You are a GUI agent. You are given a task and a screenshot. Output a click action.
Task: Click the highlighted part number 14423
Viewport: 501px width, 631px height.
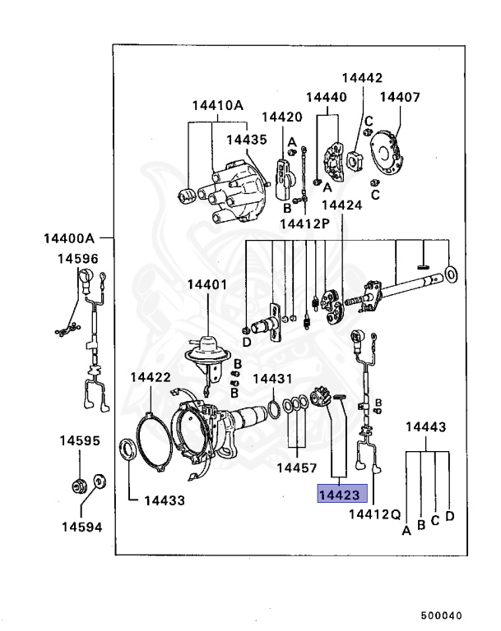click(x=337, y=495)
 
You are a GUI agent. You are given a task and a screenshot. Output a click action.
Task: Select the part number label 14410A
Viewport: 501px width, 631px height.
click(x=218, y=105)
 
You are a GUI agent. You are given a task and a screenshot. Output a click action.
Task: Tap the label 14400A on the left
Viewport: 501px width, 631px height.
click(x=70, y=239)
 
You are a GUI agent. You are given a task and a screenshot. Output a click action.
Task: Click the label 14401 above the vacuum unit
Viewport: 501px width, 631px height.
click(x=206, y=284)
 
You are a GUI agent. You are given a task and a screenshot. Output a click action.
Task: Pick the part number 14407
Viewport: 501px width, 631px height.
click(x=400, y=97)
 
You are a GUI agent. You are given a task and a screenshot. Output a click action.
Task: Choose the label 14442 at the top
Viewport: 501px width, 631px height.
click(x=363, y=78)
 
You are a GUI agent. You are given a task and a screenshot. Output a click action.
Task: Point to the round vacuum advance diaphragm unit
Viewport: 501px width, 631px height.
click(x=205, y=349)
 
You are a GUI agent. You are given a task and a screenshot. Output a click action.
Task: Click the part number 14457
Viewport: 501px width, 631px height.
click(x=295, y=467)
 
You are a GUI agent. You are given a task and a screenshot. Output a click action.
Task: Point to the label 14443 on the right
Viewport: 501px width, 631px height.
click(x=426, y=427)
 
